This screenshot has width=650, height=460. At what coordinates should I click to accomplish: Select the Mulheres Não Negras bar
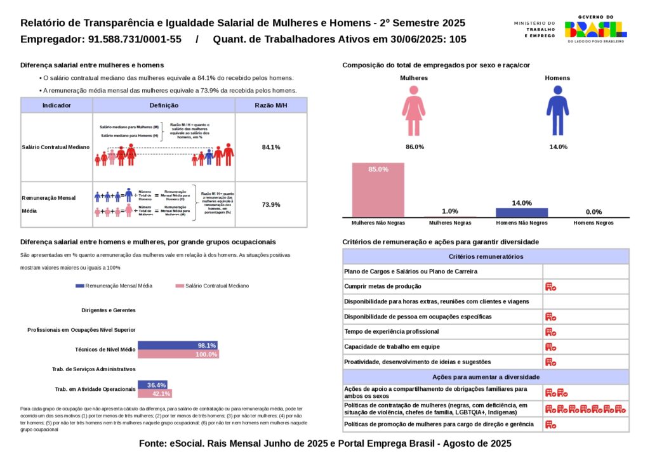[378, 190]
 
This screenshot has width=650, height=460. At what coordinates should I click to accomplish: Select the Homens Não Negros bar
[521, 213]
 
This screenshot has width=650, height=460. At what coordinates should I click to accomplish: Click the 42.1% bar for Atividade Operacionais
[155, 393]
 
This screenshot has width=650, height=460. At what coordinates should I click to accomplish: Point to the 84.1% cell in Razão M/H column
[271, 147]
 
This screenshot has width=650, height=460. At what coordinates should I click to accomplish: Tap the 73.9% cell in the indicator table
[271, 204]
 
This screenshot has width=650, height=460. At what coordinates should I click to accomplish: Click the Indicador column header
[56, 105]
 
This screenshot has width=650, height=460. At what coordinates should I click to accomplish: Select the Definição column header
[164, 105]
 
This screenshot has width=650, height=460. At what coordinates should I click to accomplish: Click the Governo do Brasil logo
[595, 29]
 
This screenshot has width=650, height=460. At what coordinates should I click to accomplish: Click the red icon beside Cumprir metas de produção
[550, 287]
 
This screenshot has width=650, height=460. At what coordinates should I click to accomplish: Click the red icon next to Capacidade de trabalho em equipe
[550, 347]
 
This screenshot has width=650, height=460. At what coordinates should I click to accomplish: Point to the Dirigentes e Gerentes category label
[109, 310]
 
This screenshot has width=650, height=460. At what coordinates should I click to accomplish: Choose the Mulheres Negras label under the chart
[450, 223]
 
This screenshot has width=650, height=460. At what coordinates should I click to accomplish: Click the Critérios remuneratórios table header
[486, 256]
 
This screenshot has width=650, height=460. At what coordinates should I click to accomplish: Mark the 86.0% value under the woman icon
[415, 147]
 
